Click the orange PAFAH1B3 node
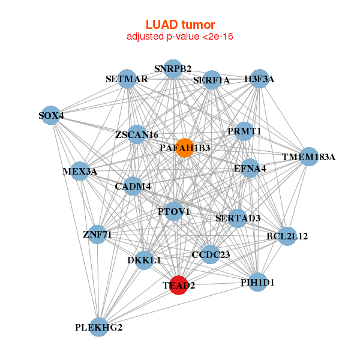pos(185,148)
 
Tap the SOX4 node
pos(51,115)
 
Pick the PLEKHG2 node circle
pos(99,327)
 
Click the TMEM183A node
pos(308,157)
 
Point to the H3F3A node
pos(259,79)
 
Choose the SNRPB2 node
pos(173,68)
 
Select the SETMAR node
pos(127,79)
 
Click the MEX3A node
pos(80,172)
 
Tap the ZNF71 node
pos(97,233)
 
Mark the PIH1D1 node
pos(257,281)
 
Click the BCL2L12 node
pos(287,236)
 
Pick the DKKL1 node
pos(144,260)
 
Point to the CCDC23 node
pos(210,254)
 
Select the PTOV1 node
pos(174,211)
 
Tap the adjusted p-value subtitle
pos(180,37)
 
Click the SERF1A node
pos(211,80)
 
